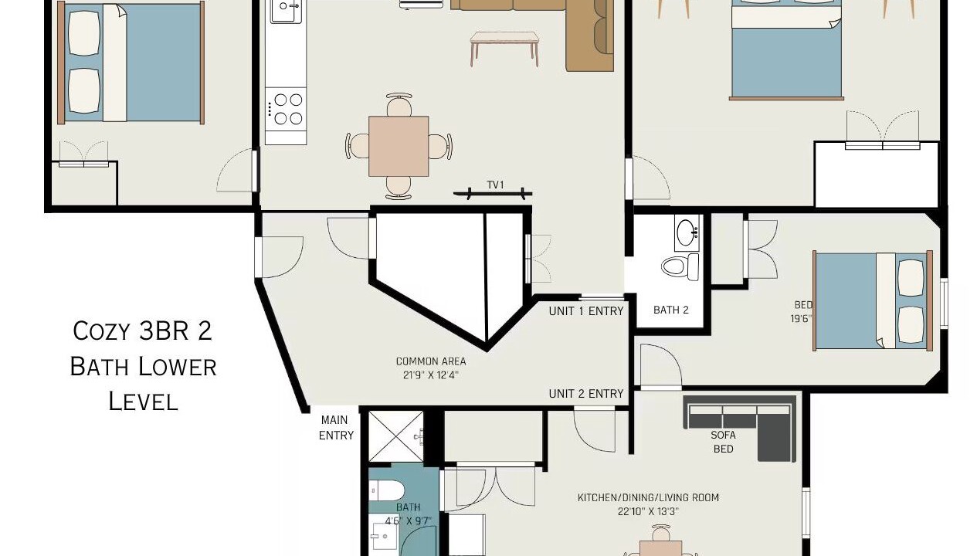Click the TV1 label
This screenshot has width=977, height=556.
pyautogui.click(x=496, y=185)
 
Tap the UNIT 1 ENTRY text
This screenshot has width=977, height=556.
pyautogui.click(x=585, y=311)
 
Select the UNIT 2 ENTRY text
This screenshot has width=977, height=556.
pyautogui.click(x=585, y=394)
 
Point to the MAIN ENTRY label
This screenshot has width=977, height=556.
pyautogui.click(x=335, y=427)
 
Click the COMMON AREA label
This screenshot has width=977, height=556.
pyautogui.click(x=431, y=361)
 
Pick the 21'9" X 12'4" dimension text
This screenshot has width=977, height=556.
pyautogui.click(x=431, y=375)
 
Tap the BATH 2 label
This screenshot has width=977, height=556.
pyautogui.click(x=671, y=310)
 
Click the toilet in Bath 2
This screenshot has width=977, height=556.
pyautogui.click(x=680, y=266)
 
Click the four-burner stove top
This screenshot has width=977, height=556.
pyautogui.click(x=286, y=109)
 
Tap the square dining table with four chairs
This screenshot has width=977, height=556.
pyautogui.click(x=399, y=146)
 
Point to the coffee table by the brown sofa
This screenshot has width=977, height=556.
pyautogui.click(x=504, y=48)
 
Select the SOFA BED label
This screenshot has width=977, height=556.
pyautogui.click(x=723, y=442)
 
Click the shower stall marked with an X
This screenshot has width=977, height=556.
pyautogui.click(x=395, y=436)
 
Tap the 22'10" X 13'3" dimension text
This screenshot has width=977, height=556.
pyautogui.click(x=648, y=511)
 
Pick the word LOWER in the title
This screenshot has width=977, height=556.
pyautogui.click(x=177, y=367)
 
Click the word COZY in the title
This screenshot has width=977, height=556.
pyautogui.click(x=101, y=331)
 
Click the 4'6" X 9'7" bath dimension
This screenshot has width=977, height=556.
pyautogui.click(x=409, y=520)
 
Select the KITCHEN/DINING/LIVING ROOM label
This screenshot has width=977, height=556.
pyautogui.click(x=648, y=497)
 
